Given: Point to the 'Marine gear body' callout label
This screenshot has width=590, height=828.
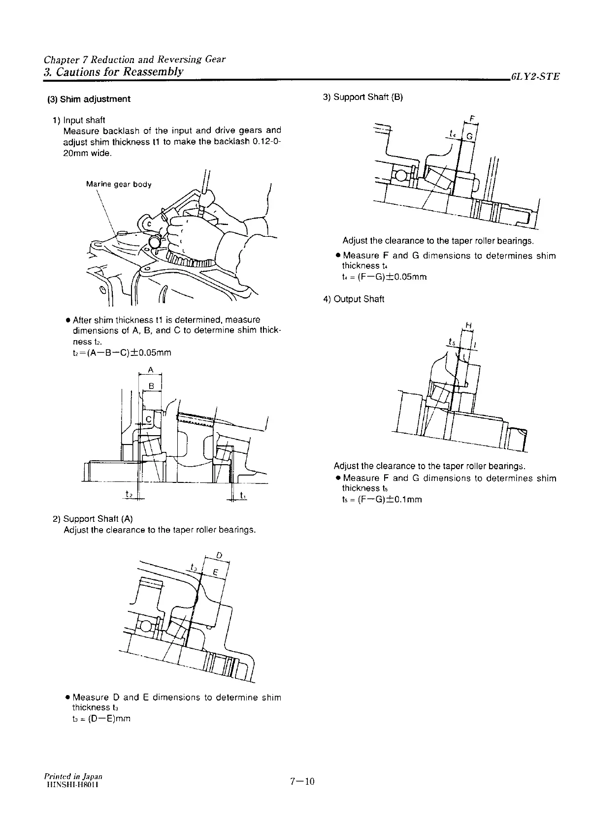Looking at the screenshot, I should [119, 185].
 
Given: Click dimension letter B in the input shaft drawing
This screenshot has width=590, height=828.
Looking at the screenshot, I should [152, 386].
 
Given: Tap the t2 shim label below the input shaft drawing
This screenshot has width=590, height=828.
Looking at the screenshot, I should [129, 494].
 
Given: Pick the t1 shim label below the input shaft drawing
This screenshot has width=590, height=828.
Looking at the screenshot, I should [243, 495].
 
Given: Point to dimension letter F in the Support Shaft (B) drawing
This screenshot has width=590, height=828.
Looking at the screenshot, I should [472, 119].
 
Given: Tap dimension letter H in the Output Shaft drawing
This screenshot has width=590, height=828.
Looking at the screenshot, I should [468, 325].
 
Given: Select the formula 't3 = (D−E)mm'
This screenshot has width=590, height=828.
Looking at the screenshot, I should [101, 718].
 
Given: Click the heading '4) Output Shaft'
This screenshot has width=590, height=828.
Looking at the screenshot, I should [354, 299].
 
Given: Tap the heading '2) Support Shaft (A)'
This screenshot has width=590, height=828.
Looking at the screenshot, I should [93, 519].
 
